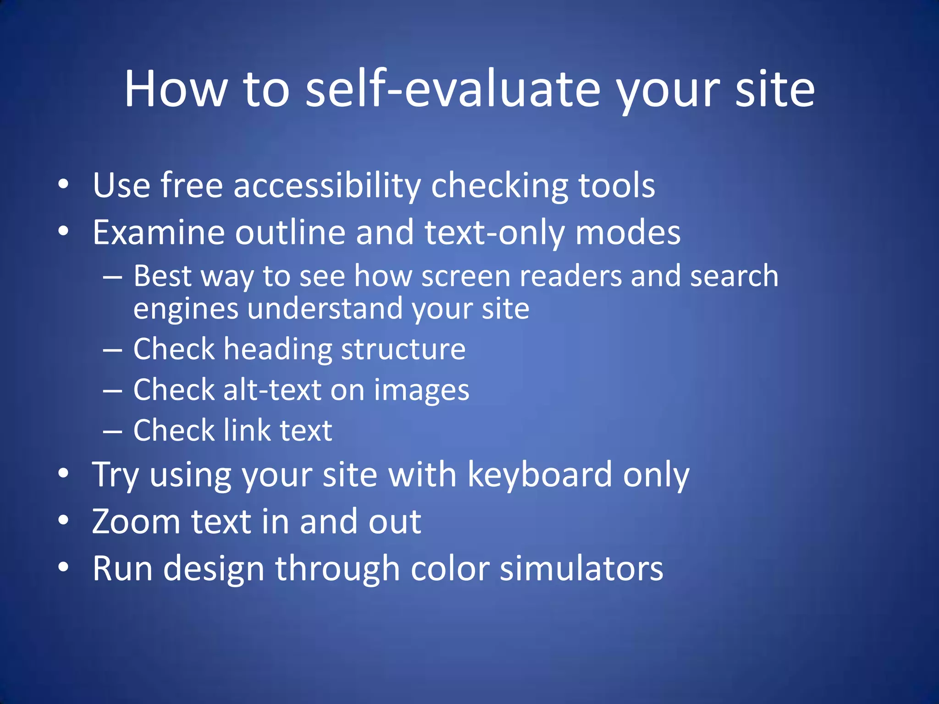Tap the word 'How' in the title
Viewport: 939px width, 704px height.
[x=176, y=89]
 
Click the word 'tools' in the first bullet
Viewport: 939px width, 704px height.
[x=616, y=186]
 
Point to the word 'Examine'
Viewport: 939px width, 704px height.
[x=159, y=232]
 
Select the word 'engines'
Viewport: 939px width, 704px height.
[x=186, y=309]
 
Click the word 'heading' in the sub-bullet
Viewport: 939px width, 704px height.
[x=277, y=349]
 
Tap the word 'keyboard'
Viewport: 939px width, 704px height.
[x=540, y=474]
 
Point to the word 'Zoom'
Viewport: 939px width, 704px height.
[x=136, y=522]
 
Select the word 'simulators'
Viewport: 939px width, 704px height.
[x=581, y=569]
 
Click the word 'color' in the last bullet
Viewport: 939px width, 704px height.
[x=450, y=569]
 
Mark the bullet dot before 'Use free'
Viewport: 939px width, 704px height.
[x=63, y=185]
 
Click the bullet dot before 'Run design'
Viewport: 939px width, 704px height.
[x=63, y=567]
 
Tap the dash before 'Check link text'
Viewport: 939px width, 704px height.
[x=112, y=432]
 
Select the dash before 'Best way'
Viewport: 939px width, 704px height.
[x=112, y=278]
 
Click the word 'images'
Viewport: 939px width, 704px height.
[x=421, y=390]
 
